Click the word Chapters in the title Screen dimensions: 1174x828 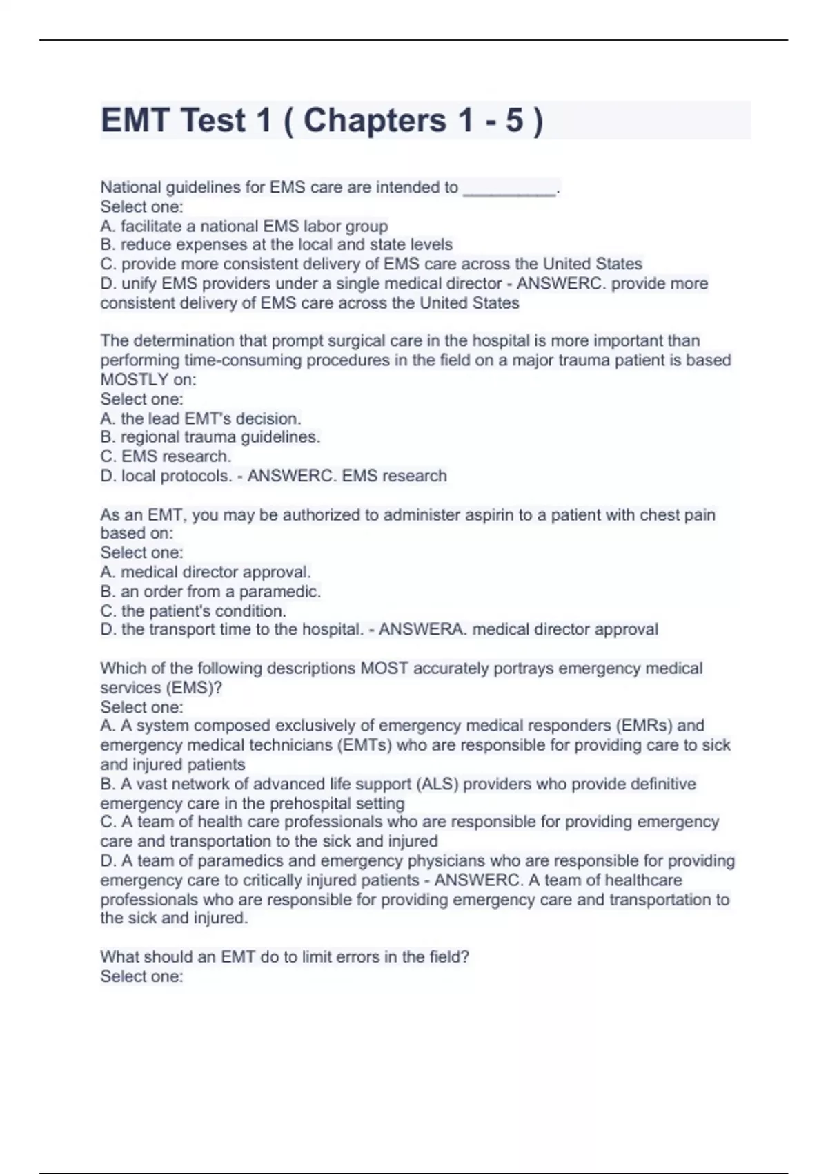(375, 121)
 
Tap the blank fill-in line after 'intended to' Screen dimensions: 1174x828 (509, 189)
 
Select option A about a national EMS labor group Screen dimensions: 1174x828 (244, 227)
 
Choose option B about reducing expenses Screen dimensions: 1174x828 (277, 245)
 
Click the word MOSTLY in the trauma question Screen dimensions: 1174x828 (135, 380)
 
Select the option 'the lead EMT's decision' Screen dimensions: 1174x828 (201, 418)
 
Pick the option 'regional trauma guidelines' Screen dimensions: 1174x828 (210, 437)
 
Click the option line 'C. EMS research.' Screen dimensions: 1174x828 (166, 456)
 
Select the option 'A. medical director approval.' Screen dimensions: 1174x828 (206, 572)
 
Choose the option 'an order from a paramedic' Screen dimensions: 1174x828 (210, 592)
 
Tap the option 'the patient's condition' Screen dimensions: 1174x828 (193, 611)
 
